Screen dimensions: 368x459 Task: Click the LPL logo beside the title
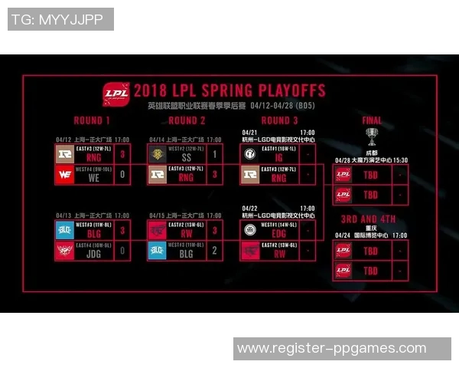[x=117, y=93]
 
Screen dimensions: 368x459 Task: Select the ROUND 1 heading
[x=92, y=121]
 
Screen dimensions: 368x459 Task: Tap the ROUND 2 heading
[x=187, y=121]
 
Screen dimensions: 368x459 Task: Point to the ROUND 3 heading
[x=279, y=121]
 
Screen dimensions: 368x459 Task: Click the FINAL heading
[x=372, y=121]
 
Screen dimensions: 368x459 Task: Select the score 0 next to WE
[x=123, y=175]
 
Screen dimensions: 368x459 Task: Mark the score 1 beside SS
[x=216, y=154]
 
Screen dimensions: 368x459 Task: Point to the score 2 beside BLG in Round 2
[x=216, y=249]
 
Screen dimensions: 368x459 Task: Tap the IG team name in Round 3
[x=279, y=157]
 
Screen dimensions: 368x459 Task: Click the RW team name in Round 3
[x=279, y=252]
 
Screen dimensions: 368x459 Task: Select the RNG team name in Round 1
[x=94, y=157]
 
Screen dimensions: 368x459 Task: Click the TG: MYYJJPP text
[x=60, y=19]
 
